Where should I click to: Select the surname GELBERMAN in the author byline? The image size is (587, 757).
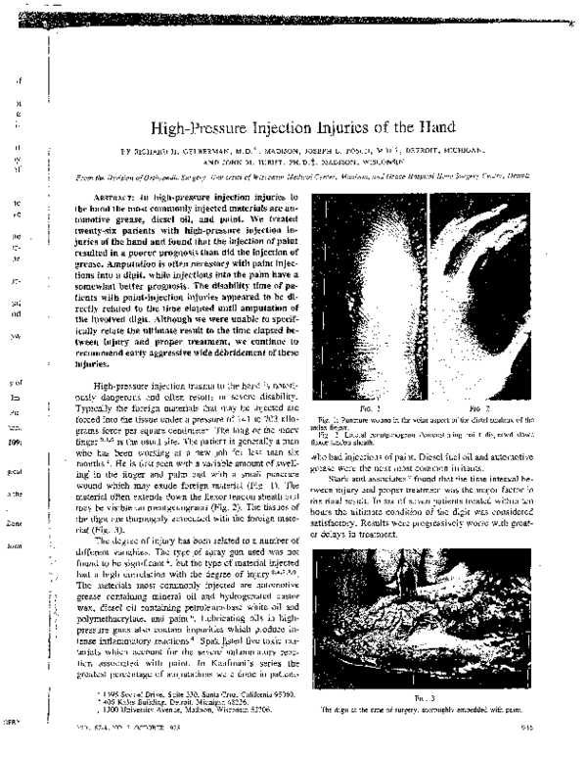point(192,153)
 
